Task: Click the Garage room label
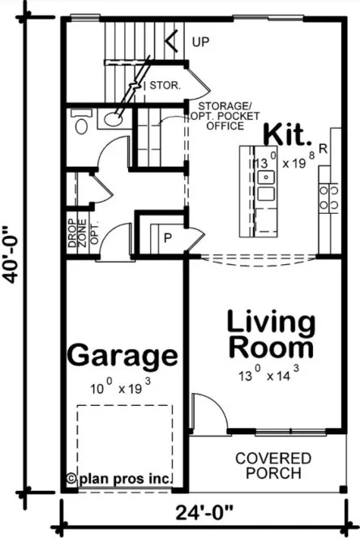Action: click(122, 354)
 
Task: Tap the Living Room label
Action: click(271, 333)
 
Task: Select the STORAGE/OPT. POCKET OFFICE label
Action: click(221, 114)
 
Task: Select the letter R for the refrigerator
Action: click(323, 149)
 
